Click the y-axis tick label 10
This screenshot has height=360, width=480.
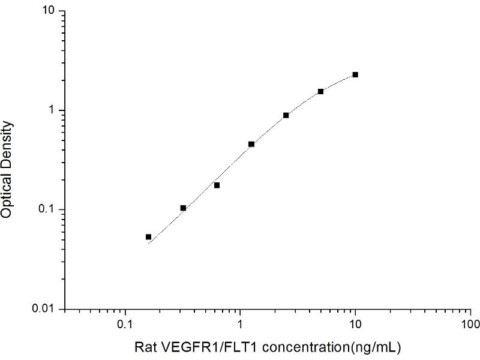[x=50, y=11]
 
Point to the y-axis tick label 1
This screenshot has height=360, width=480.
[x=53, y=110]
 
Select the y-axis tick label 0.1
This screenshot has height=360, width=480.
[x=48, y=209]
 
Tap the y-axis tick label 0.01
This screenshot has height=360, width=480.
[x=45, y=308]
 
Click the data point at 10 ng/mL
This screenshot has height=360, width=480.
[x=355, y=74]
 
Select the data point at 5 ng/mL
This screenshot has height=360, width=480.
[x=320, y=91]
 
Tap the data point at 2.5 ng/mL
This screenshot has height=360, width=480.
[x=286, y=115]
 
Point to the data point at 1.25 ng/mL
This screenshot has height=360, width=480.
[x=251, y=144]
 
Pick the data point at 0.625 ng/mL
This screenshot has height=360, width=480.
[x=217, y=185]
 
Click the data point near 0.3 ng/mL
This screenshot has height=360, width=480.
[x=183, y=208]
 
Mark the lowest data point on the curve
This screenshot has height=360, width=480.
[x=148, y=237]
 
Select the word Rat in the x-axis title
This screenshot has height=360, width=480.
[x=143, y=347]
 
